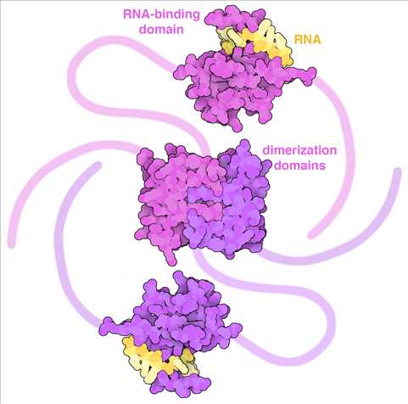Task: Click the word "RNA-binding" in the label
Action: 161,14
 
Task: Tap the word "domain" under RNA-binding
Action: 162,29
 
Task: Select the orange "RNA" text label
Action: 308,39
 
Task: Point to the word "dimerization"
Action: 299,150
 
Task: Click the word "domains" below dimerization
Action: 300,165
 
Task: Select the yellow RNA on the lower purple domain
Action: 159,360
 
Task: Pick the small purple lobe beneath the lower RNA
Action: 181,384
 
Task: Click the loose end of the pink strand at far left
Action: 11,244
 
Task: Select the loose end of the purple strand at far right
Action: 398,171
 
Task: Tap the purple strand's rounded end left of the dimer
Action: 98,166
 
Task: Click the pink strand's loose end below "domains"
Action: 312,234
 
